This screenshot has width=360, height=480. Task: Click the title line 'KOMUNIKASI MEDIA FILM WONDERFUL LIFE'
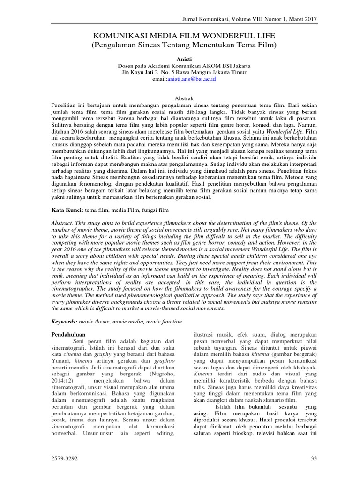180,36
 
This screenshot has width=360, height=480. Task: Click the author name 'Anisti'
180,60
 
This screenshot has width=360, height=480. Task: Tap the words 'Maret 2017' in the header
301,19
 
